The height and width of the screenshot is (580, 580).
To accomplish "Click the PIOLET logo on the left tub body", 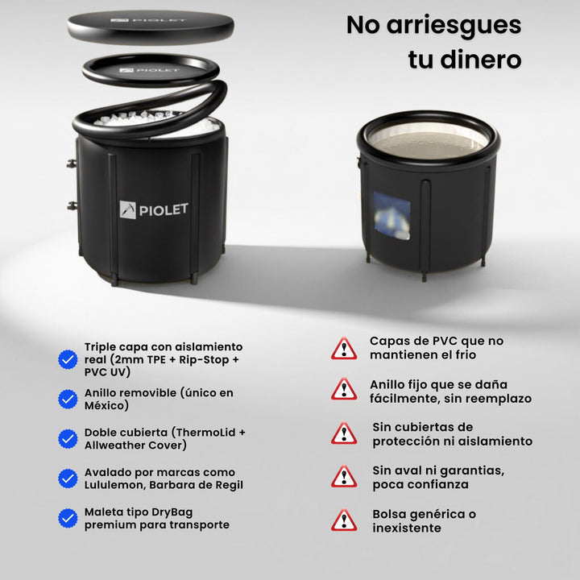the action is click(x=154, y=209).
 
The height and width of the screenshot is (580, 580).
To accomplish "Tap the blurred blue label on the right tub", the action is click(x=391, y=216).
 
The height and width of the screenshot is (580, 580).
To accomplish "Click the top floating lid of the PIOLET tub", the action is click(x=151, y=27).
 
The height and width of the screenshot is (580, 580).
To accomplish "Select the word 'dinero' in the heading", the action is click(x=481, y=60).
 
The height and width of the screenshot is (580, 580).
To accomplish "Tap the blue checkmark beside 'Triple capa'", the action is click(x=68, y=359).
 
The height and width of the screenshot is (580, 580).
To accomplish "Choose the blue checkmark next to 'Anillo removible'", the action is click(x=68, y=399).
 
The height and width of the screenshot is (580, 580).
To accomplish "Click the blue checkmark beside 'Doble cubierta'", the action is click(x=68, y=439).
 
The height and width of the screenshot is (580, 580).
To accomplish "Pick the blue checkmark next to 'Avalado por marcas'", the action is click(x=68, y=478).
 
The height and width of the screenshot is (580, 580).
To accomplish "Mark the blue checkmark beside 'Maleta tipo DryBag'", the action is click(x=68, y=518).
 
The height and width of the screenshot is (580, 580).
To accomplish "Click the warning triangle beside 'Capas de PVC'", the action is click(x=344, y=349).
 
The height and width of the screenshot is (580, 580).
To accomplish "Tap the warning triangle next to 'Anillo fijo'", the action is click(x=344, y=390).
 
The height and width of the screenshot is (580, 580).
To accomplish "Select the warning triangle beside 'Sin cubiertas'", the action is click(x=344, y=433).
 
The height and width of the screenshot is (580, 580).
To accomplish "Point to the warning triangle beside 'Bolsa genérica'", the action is click(x=344, y=521).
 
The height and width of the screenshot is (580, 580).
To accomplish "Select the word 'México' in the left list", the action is click(x=106, y=406).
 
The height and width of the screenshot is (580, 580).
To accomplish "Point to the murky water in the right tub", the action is click(x=429, y=145).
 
